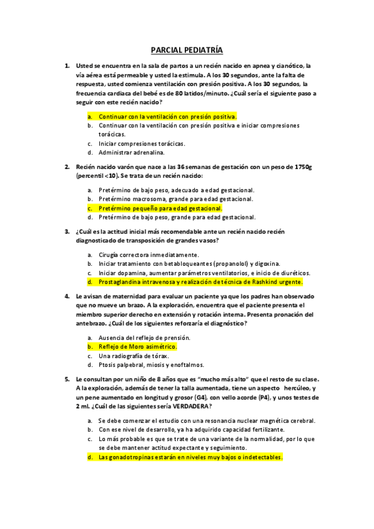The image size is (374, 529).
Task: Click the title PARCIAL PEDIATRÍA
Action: coord(187,50)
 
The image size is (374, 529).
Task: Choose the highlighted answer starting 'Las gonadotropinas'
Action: coord(190,457)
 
